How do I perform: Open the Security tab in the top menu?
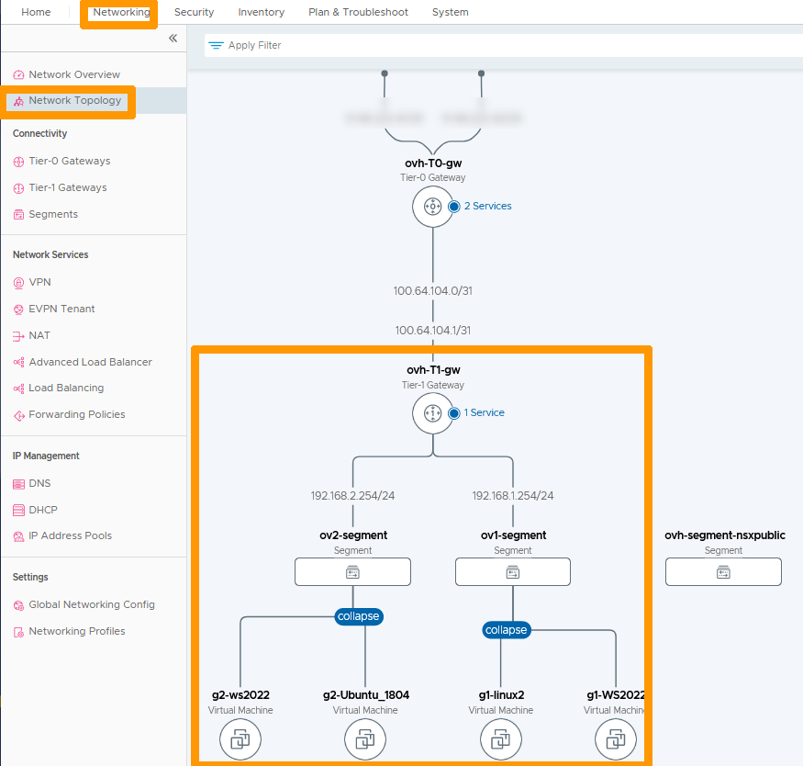pyautogui.click(x=194, y=12)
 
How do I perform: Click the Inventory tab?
pyautogui.click(x=261, y=12)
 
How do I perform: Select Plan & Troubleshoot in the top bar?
pyautogui.click(x=358, y=12)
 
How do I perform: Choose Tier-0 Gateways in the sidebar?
pyautogui.click(x=69, y=161)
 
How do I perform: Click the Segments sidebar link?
pyautogui.click(x=53, y=214)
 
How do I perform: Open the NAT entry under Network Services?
pyautogui.click(x=39, y=335)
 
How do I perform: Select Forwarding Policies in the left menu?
pyautogui.click(x=76, y=414)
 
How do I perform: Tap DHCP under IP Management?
pyautogui.click(x=43, y=510)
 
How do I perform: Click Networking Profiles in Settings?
pyautogui.click(x=76, y=631)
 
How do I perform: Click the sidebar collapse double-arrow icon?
pyautogui.click(x=173, y=39)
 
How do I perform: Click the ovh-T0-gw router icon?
pyautogui.click(x=432, y=207)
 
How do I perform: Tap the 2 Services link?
pyautogui.click(x=487, y=206)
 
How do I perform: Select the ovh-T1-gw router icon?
pyautogui.click(x=432, y=413)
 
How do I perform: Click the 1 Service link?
pyautogui.click(x=484, y=412)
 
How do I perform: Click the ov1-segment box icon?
pyautogui.click(x=513, y=572)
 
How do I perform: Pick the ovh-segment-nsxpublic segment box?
pyautogui.click(x=723, y=572)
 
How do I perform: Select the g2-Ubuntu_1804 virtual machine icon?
pyautogui.click(x=365, y=739)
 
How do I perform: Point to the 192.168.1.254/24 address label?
pyautogui.click(x=513, y=495)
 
